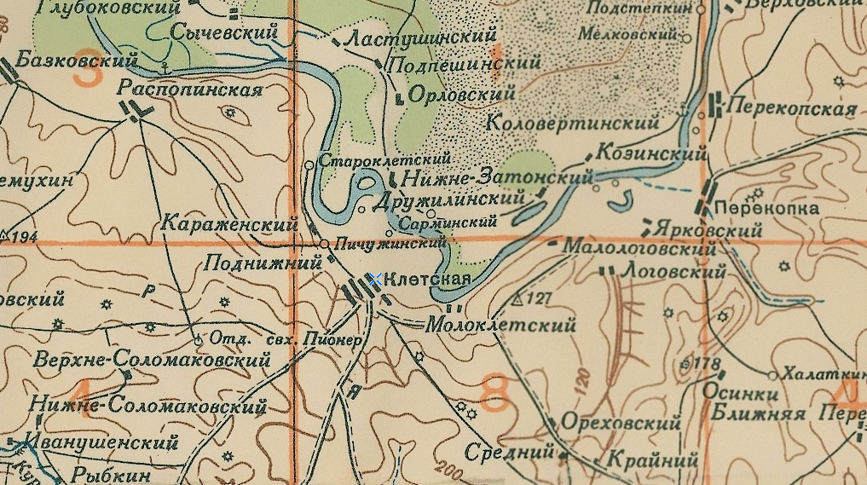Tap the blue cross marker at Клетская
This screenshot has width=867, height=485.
click(373, 279)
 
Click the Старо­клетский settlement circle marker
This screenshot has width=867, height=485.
click(309, 164)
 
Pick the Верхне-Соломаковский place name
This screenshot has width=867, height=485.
click(153, 359)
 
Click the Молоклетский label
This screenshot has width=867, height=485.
click(500, 325)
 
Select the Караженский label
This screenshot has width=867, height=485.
click(229, 225)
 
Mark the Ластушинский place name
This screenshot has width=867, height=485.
click(420, 38)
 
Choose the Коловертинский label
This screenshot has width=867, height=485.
click(573, 123)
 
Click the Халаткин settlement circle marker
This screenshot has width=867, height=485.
click(772, 375)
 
